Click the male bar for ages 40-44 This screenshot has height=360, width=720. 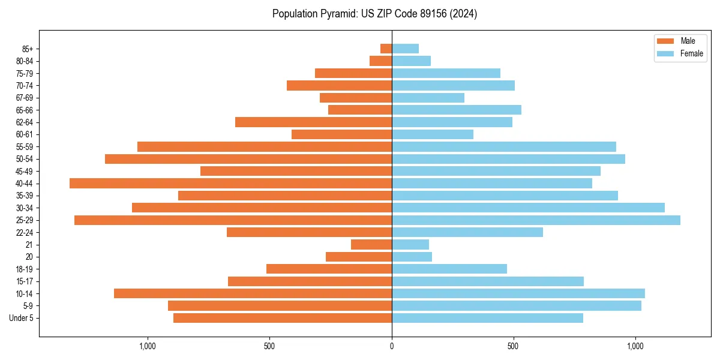230,183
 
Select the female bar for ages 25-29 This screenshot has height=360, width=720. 536,220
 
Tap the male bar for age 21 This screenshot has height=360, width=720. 371,245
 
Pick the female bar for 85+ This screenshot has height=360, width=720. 405,49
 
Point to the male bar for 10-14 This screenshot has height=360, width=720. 253,293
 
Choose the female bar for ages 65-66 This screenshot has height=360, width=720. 457,110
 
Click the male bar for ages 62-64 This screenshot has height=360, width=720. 313,122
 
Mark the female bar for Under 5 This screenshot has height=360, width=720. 487,318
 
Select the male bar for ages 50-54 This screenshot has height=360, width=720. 248,159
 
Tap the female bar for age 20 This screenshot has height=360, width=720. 412,257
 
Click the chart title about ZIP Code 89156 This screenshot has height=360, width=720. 374,14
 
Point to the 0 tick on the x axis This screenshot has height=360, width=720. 392,346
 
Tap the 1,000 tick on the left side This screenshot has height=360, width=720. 148,346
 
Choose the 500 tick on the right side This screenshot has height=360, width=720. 513,346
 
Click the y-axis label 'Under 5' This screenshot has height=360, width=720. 21,318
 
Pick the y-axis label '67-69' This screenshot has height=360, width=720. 24,98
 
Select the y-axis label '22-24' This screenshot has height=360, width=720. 24,232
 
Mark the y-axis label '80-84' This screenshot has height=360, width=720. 24,61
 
